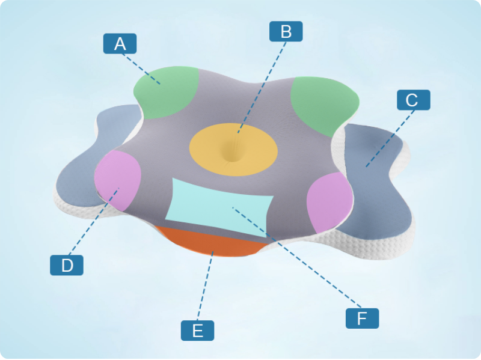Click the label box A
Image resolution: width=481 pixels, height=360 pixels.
[x=120, y=43]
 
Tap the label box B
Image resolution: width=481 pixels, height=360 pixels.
[x=286, y=31]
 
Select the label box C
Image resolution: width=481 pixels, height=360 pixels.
[x=413, y=100]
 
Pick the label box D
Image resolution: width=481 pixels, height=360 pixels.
[x=66, y=265]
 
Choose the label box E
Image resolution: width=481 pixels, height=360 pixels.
[x=197, y=330]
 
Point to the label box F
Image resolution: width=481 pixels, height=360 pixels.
[x=362, y=318]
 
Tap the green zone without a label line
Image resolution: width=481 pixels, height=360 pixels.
[x=322, y=105]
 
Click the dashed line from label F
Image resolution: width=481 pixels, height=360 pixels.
[x=301, y=258]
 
